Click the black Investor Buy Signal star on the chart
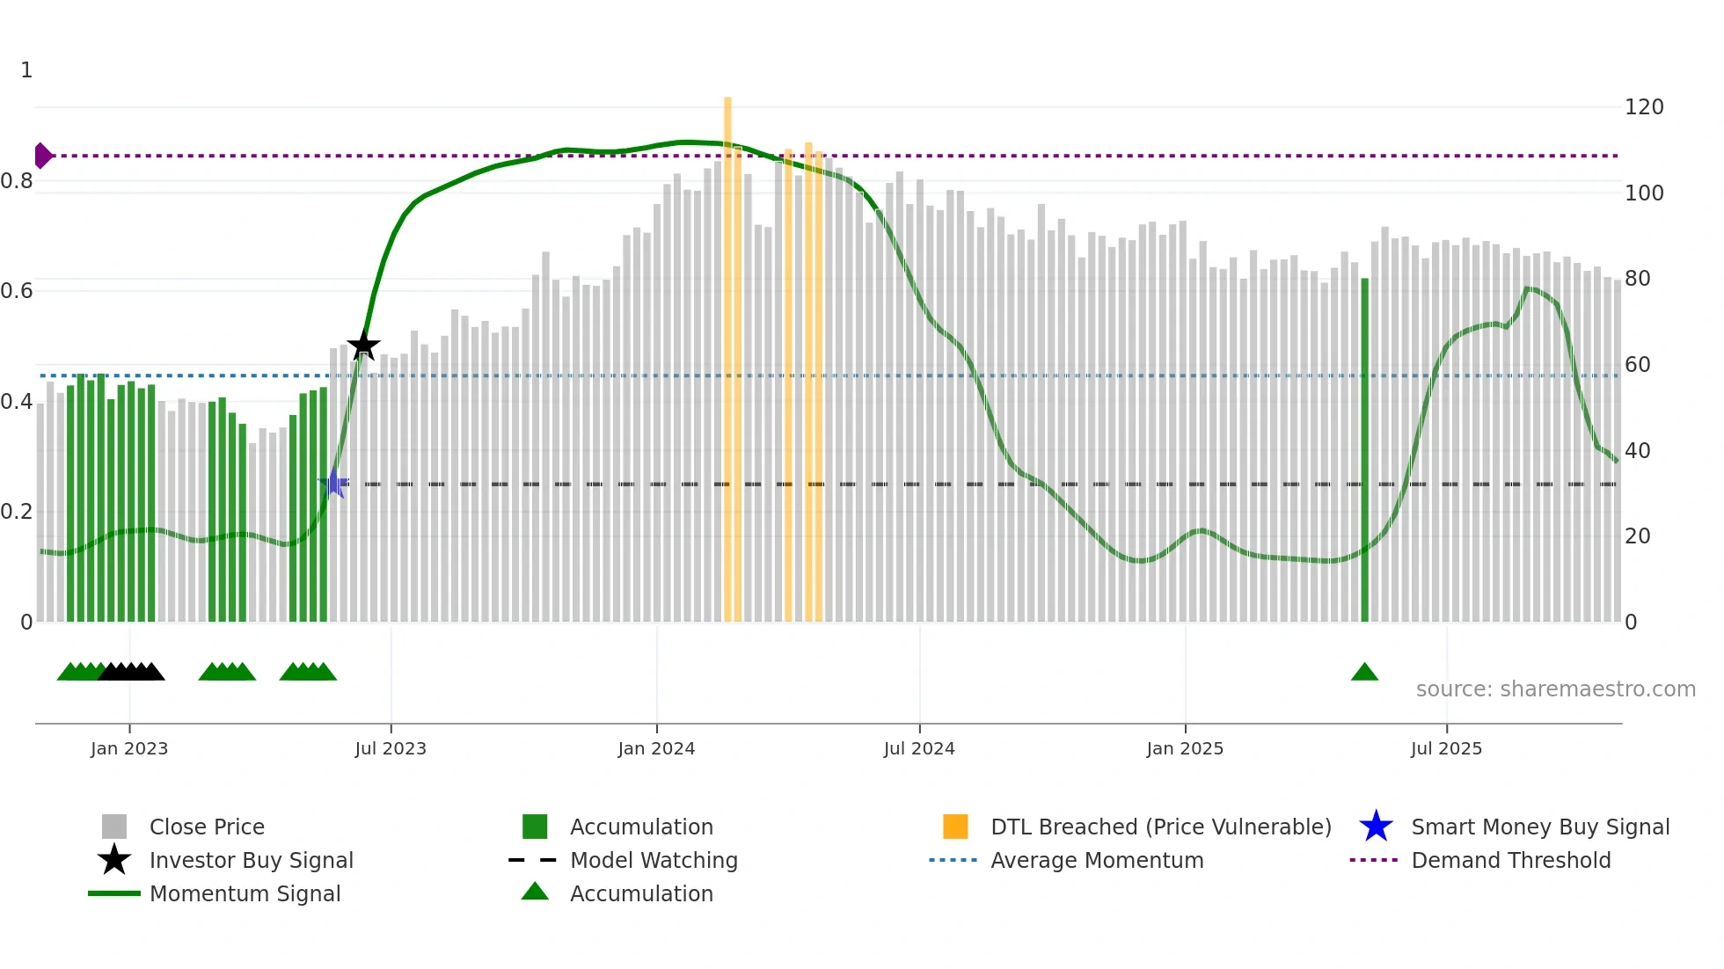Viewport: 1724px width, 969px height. tap(363, 346)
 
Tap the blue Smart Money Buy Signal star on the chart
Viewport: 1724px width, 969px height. tap(334, 483)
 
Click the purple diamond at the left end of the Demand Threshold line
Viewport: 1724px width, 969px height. tap(42, 156)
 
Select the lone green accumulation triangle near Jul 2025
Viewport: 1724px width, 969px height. tap(1364, 673)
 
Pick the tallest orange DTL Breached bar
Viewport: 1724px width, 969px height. tap(727, 352)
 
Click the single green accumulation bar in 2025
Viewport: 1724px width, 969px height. tap(1364, 448)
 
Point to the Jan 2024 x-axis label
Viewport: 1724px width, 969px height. tap(656, 748)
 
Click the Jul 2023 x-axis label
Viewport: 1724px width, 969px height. tap(391, 748)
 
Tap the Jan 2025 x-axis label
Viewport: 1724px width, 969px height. tap(1185, 748)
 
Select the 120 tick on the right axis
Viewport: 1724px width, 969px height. tap(1643, 107)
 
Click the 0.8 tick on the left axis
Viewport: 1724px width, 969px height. tap(17, 181)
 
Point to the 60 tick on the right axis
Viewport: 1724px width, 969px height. tap(1637, 365)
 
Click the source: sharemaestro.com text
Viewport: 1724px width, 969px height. tap(1555, 689)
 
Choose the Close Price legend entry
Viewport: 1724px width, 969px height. tap(207, 827)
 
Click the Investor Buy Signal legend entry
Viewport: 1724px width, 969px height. tap(251, 860)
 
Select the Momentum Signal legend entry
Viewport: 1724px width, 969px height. tap(245, 893)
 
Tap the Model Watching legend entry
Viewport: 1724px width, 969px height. tap(654, 860)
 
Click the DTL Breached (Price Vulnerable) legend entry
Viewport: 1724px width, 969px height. tap(1160, 827)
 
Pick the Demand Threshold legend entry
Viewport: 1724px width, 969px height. tap(1510, 860)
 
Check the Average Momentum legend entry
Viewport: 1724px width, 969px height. tap(1097, 860)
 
